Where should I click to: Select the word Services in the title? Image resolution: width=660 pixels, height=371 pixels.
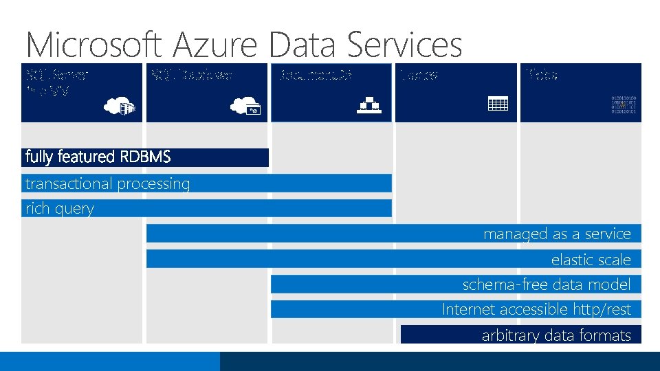405,45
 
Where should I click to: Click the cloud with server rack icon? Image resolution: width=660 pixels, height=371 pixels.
118,105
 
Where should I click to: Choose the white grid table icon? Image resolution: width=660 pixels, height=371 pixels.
497,104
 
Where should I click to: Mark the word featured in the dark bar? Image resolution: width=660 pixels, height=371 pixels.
87,157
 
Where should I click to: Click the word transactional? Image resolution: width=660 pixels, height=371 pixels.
69,183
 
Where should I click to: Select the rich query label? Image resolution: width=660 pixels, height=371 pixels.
59,209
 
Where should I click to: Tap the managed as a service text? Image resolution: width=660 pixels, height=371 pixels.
557,234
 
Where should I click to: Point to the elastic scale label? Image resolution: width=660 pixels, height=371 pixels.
591,260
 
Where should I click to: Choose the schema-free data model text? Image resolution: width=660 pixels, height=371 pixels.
546,284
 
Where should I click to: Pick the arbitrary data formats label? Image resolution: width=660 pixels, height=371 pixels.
556,335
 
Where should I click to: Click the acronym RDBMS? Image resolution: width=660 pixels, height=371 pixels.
145,157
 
